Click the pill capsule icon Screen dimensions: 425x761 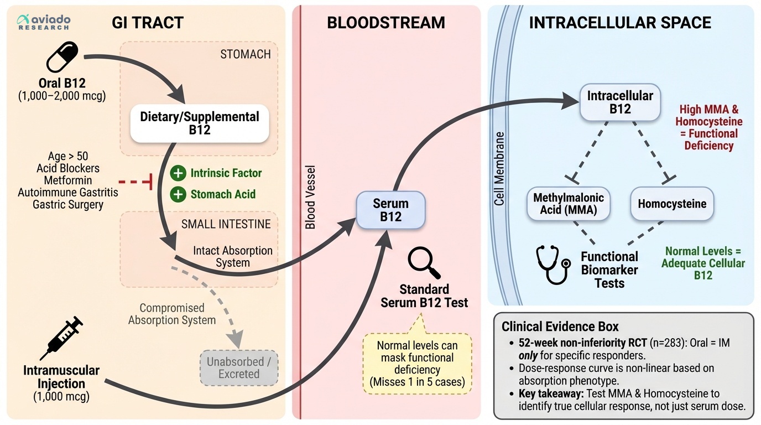pos(62,58)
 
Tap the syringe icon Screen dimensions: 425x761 pos(61,338)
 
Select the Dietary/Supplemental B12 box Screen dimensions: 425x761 pos(200,123)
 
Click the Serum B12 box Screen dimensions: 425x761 pos(390,210)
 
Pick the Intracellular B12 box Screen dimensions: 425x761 pos(620,102)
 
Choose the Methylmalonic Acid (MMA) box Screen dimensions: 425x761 pos(569,204)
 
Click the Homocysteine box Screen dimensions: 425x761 pos(672,204)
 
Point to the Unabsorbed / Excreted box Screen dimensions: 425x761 pos(239,368)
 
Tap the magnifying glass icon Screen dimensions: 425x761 pos(424,264)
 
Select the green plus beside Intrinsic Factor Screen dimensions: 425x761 pos(178,173)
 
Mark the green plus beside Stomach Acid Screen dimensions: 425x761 pos(178,194)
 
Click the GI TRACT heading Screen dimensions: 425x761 pos(148,23)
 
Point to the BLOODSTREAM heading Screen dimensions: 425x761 pos(386,23)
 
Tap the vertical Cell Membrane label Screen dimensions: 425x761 pos(499,169)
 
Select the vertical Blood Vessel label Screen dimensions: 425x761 pos(311,197)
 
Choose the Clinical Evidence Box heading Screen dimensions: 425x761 pos(560,326)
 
